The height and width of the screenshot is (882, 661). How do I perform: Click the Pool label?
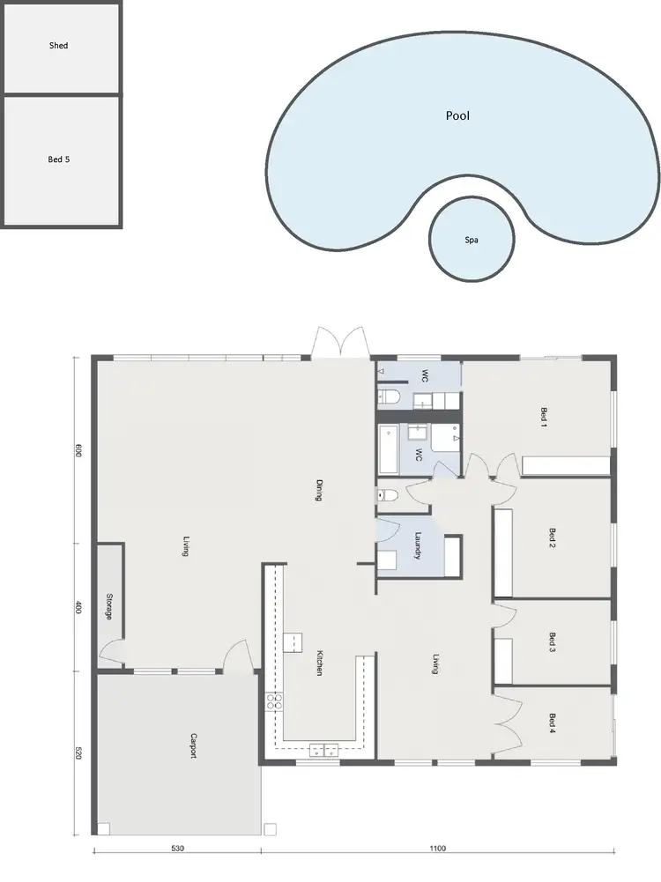[x=457, y=115]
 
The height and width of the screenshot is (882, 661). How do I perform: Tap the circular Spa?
[x=472, y=240]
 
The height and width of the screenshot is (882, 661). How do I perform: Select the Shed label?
[x=58, y=45]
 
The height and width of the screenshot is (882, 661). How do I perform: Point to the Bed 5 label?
[x=58, y=159]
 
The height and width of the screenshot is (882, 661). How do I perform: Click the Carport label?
[x=192, y=745]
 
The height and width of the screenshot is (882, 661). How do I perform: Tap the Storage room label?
[x=108, y=605]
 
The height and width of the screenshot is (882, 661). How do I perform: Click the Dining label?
[x=319, y=490]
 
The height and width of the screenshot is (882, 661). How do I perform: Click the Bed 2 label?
[x=553, y=537]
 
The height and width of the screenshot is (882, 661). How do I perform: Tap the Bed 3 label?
[x=553, y=642]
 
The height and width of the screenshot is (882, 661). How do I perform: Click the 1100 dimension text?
[x=438, y=849]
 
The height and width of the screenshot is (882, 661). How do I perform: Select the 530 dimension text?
[x=177, y=849]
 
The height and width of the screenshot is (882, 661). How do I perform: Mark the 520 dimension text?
[x=78, y=753]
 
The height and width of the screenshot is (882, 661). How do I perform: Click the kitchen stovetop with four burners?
[x=275, y=701]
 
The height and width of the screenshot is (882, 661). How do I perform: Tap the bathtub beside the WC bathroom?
[x=388, y=449]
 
